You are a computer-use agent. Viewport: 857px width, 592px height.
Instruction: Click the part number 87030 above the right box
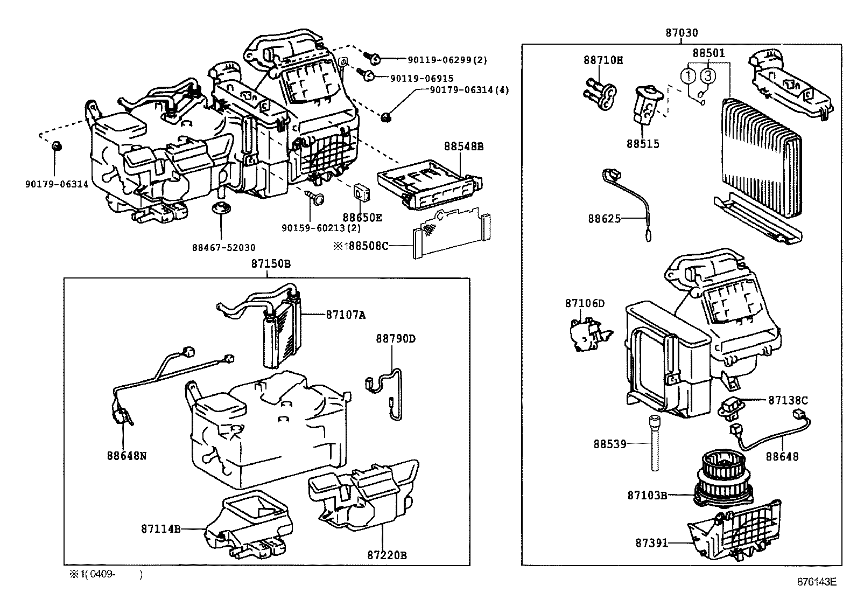coord(681,33)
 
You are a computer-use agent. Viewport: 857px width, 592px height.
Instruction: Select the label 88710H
coord(603,60)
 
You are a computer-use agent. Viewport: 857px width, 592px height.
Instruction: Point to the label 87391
coord(651,544)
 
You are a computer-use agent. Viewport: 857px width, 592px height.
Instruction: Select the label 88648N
coord(127,456)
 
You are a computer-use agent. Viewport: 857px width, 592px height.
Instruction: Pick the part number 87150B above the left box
coord(270,264)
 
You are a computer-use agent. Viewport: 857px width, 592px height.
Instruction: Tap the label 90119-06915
coord(422,79)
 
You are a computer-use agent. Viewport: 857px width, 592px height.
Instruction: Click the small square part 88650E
coord(361,192)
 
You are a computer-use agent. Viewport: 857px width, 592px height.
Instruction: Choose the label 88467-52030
coord(223,248)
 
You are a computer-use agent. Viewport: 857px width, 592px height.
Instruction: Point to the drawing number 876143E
coord(817,582)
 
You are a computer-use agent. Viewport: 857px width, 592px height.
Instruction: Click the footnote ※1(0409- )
coord(105,575)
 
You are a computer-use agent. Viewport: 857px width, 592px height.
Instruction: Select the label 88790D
coord(396,339)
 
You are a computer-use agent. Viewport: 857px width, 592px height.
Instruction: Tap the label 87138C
coord(788,400)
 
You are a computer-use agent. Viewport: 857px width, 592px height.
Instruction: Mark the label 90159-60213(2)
coord(321,228)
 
